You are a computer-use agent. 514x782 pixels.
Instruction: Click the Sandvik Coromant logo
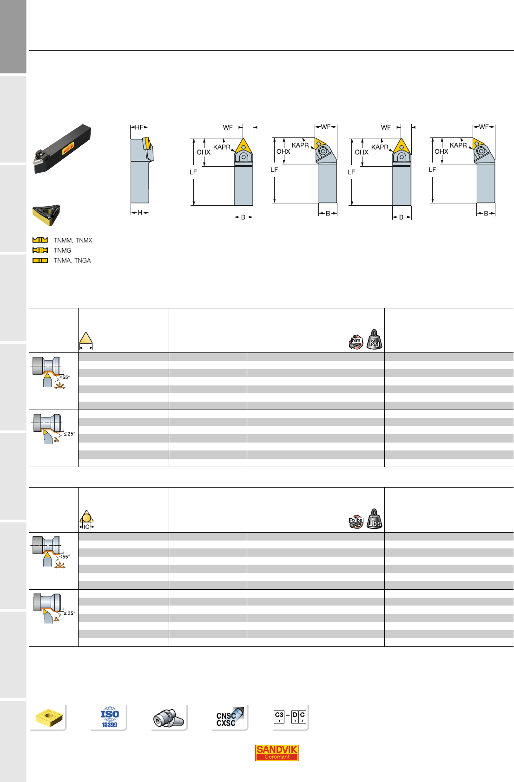point(277,753)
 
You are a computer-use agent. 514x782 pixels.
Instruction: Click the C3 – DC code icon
point(290,717)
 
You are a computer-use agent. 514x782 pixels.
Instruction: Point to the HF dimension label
point(139,127)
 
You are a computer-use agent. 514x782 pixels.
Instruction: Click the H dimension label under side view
point(140,213)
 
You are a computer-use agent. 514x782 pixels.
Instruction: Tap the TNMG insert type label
point(63,250)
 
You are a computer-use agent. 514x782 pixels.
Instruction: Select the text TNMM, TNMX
point(73,240)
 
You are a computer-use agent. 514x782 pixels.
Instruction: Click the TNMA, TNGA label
point(72,261)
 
